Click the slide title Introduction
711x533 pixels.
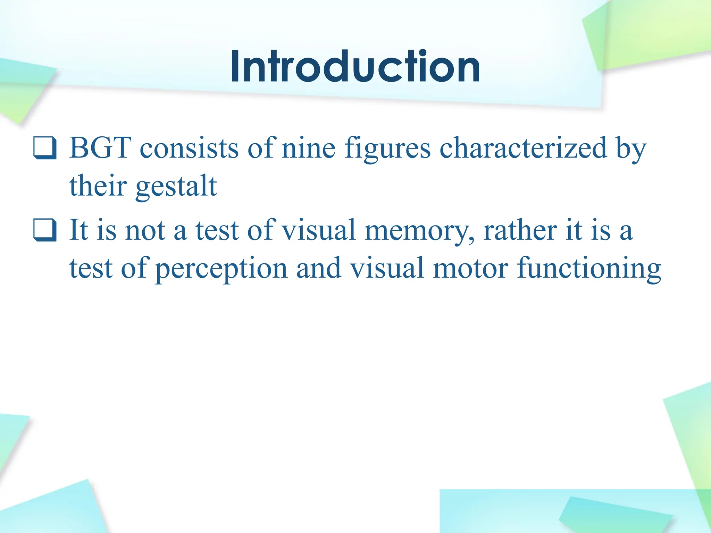coord(355,66)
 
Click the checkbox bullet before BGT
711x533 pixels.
coord(45,149)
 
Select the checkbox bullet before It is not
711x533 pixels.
coord(45,230)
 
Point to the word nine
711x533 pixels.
coord(308,148)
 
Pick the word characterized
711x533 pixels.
coord(523,148)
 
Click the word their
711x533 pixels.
coord(98,186)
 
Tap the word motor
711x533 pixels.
coord(471,268)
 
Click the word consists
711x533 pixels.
coord(189,148)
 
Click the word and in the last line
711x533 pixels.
coord(318,268)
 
